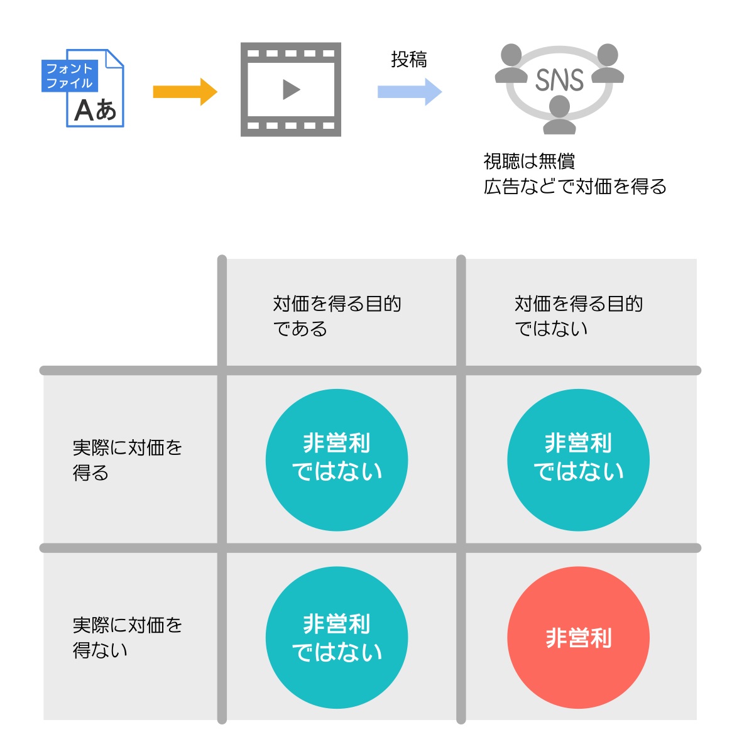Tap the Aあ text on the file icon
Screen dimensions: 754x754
[96, 111]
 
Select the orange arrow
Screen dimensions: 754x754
[185, 92]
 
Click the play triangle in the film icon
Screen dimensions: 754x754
[291, 90]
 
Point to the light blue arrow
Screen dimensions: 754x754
[410, 92]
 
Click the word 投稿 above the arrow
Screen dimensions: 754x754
[409, 60]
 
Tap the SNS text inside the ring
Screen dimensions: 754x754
[559, 80]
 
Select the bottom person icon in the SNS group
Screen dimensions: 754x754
[559, 117]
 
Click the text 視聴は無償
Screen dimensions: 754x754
[529, 161]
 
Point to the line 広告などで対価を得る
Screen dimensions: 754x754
[575, 187]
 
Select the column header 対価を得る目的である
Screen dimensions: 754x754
[337, 316]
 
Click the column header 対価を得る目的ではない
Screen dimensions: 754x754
[578, 316]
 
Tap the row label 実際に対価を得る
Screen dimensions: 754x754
[127, 460]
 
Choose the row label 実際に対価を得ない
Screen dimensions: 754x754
[127, 637]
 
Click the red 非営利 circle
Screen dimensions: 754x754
[578, 638]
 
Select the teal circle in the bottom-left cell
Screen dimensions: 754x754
[337, 638]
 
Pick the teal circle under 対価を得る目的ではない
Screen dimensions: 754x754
[578, 460]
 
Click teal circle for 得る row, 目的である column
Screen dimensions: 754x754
[337, 460]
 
